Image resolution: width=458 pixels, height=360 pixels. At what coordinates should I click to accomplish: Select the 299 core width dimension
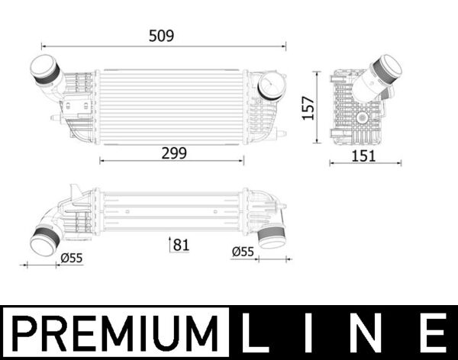coord(173,152)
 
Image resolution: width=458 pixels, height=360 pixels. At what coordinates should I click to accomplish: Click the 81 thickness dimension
coord(181,245)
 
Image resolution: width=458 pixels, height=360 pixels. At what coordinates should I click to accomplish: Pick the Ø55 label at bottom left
coord(71,258)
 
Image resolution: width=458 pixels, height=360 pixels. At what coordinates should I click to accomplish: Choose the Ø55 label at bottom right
coord(242,252)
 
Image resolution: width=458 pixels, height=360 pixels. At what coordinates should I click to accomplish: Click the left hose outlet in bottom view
coord(44,239)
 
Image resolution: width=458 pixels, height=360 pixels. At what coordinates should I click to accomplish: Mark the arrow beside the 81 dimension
coord(169,245)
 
